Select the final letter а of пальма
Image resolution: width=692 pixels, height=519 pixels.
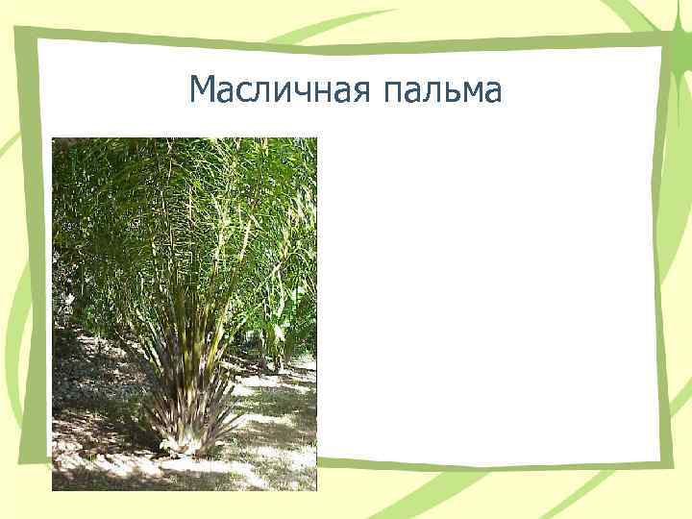pos(492,93)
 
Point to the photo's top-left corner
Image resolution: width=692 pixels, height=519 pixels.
pos(53,138)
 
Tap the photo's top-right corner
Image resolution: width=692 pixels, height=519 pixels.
pos(316,138)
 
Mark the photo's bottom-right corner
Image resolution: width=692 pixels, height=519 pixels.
pos(316,490)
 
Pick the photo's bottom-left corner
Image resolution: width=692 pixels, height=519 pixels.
pos(53,490)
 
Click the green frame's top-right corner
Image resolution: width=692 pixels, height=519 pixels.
pos(662,37)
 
